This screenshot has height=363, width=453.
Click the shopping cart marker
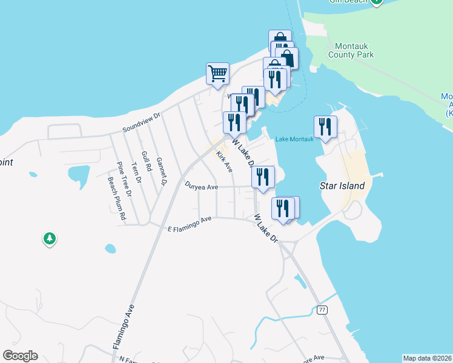pos(217,74)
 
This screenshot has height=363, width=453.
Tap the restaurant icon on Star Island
pos(325,127)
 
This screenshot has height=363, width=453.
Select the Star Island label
pos(342,186)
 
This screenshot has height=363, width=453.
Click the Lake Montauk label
pos(294,139)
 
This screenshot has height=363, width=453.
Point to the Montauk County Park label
pos(351,50)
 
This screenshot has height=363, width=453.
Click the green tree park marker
pos(49,239)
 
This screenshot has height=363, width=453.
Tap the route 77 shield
pos(322,310)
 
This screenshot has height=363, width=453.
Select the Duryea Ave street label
pos(201,187)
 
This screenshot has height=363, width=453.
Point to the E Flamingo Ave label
pos(189,223)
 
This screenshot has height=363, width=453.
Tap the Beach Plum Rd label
pos(116,198)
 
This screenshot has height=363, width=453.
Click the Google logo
pos(20,356)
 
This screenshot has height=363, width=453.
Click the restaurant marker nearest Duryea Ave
pos(263,177)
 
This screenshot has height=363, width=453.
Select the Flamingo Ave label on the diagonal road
pos(122,327)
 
